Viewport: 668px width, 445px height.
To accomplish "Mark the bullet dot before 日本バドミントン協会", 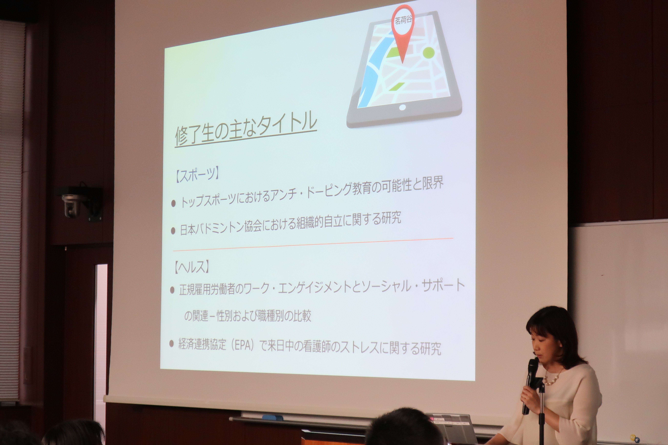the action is pos(173,231).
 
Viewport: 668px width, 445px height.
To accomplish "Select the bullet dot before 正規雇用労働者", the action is pos(172,290).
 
